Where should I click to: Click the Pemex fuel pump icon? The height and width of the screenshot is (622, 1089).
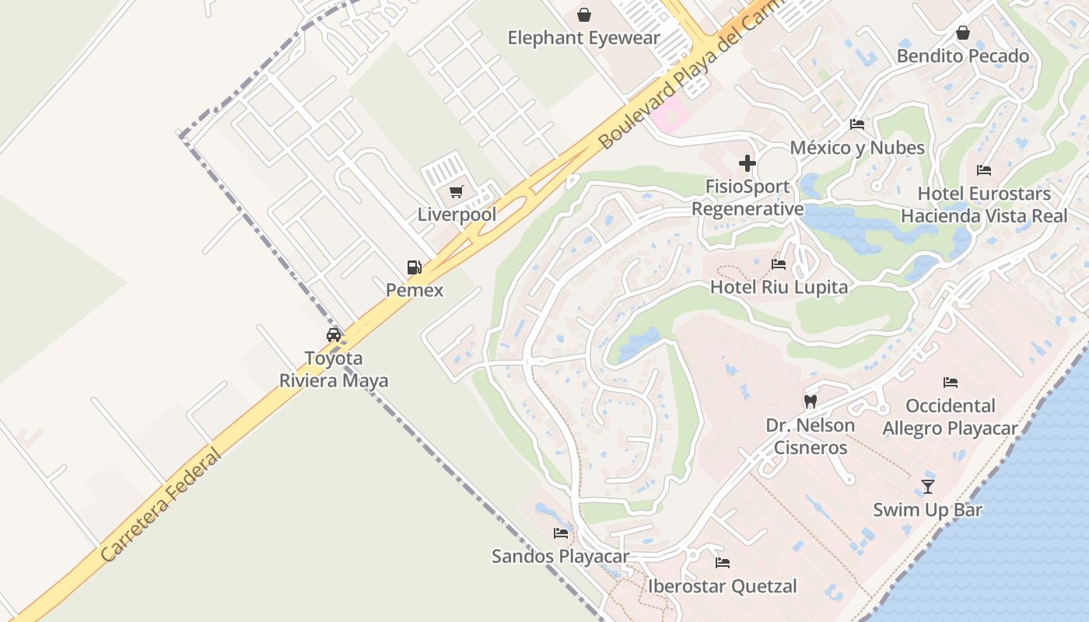point(414,267)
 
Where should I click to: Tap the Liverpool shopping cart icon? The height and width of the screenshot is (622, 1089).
point(457,191)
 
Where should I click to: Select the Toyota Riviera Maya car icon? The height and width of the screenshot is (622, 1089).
point(334,335)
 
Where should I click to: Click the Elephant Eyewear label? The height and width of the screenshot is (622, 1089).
point(583,37)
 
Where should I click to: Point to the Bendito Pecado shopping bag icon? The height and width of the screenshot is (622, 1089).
point(963,33)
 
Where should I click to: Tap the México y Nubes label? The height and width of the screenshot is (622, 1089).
point(857,148)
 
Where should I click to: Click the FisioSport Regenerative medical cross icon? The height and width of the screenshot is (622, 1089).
point(748,163)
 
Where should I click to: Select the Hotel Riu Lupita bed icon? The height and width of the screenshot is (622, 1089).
point(779,264)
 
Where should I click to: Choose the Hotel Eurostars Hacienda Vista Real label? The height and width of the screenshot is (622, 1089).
point(984,204)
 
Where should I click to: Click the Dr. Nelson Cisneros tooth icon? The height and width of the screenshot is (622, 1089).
point(810,402)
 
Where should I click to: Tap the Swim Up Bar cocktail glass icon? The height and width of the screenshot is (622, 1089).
point(927,487)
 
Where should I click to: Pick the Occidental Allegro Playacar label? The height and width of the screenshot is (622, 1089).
point(950,417)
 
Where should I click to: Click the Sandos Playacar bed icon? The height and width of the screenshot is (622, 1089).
point(561,533)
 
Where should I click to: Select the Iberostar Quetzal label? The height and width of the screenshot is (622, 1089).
point(723,586)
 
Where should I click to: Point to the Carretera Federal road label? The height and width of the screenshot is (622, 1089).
point(161,505)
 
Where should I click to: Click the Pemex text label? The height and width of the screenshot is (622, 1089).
point(415,290)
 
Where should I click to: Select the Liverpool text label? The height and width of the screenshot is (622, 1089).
point(457,215)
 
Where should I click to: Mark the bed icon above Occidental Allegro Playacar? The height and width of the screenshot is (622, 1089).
point(950,383)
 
